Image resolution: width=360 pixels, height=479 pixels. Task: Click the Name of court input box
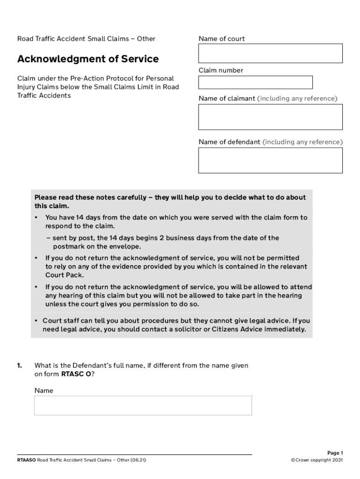270,53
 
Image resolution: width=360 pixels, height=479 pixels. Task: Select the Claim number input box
255,82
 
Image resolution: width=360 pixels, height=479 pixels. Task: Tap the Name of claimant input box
270,117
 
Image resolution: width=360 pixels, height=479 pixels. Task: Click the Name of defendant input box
270,160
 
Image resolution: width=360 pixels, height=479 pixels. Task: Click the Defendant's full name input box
143,406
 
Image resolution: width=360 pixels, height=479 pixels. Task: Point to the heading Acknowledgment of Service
88,59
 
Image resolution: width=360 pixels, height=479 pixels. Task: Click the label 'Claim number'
221,70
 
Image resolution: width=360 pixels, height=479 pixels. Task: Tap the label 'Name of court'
221,39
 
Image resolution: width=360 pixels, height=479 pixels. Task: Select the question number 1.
20,365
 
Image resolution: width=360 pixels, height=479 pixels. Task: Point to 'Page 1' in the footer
335,453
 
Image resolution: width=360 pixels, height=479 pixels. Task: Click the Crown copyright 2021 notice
317,460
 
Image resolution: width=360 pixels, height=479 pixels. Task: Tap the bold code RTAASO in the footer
26,460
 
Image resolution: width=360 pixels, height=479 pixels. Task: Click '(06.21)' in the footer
138,460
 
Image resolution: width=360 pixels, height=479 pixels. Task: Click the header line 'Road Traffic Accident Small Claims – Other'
86,39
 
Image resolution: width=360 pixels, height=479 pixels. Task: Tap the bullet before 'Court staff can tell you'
36,321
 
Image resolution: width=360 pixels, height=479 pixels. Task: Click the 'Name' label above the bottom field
44,391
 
